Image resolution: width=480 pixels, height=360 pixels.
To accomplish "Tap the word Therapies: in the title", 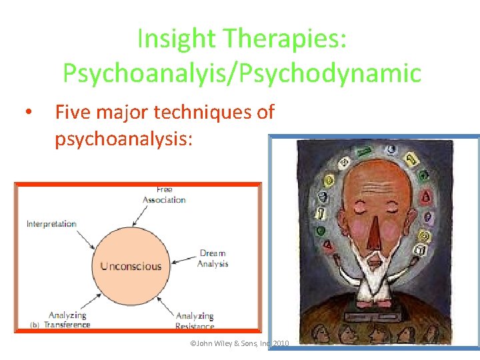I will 285,40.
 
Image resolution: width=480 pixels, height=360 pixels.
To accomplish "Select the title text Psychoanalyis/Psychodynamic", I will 241,73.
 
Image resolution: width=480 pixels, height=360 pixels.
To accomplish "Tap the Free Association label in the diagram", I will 164,195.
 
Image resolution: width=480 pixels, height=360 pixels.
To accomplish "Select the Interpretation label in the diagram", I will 51,224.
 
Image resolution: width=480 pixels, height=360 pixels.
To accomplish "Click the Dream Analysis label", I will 213,259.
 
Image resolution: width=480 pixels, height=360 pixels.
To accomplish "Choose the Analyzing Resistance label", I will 195,321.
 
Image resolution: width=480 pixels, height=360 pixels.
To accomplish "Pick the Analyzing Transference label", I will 68,320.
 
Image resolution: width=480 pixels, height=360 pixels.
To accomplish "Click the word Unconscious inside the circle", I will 131,266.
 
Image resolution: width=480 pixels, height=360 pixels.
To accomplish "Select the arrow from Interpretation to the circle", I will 91,238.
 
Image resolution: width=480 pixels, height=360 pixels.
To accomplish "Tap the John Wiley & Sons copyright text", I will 239,343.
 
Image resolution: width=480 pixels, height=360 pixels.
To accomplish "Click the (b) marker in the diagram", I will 35,325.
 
